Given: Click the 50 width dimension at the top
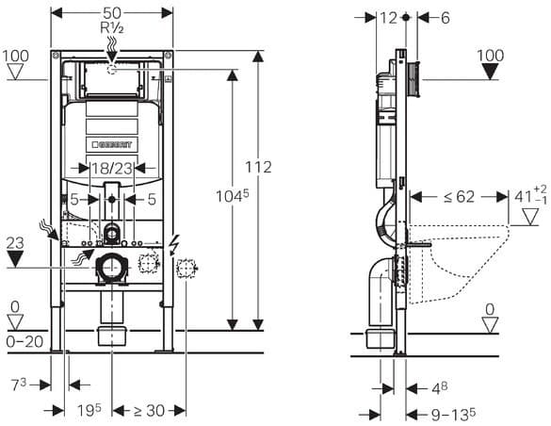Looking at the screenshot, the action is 112,13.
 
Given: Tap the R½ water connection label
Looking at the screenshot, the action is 112,27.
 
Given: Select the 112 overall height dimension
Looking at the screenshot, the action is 258,168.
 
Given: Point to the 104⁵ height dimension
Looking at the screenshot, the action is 232,196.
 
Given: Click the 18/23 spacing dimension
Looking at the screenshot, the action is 112,169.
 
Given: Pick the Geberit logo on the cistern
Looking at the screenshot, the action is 112,144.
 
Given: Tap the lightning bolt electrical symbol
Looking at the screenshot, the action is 174,245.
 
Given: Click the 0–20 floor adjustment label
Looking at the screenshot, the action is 24,341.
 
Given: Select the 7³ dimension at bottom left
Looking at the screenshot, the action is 19,385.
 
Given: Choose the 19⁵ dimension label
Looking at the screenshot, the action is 89,410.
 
